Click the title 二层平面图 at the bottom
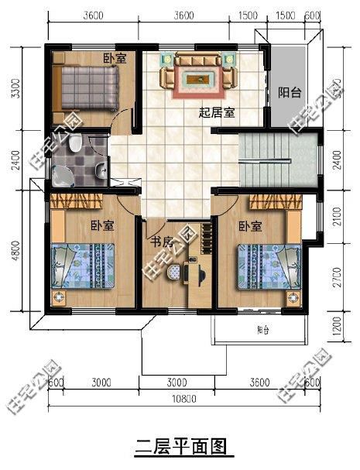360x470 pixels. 180,447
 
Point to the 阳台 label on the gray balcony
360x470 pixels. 290,92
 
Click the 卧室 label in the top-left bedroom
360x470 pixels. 115,58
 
